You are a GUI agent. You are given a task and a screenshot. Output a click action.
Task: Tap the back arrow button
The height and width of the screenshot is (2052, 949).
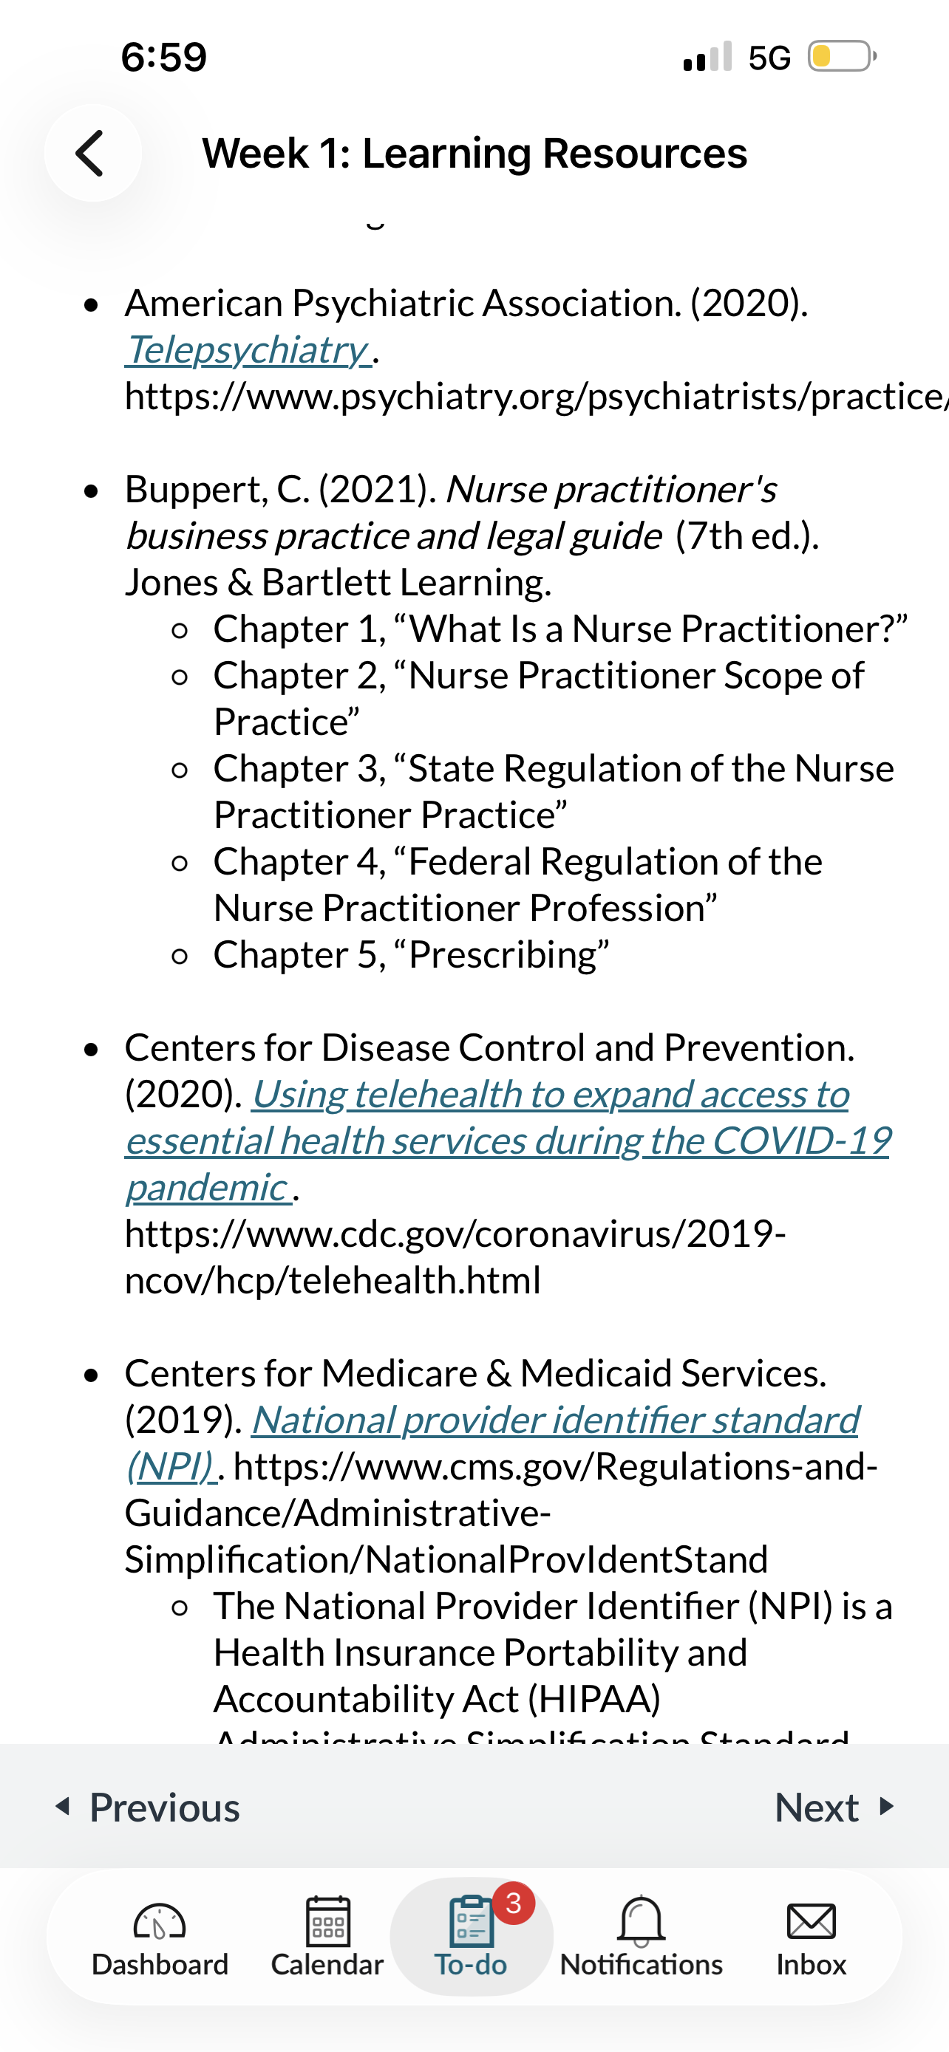pyautogui.click(x=92, y=153)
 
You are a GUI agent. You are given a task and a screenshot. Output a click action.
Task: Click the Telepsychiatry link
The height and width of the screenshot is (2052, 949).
pyautogui.click(x=246, y=349)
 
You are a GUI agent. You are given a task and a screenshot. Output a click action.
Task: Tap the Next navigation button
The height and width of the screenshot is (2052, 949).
pyautogui.click(x=833, y=1808)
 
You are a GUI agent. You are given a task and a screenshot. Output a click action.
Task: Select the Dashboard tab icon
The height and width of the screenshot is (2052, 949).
pyautogui.click(x=160, y=1922)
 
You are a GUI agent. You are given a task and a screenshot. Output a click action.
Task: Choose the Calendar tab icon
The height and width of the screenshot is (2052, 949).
pyautogui.click(x=327, y=1922)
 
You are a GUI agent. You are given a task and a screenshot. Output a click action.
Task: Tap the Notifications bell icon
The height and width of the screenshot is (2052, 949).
pyautogui.click(x=641, y=1922)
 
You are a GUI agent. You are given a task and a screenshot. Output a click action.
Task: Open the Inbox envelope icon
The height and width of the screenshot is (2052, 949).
pyautogui.click(x=810, y=1922)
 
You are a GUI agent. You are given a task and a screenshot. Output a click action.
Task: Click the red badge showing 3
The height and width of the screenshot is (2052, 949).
pyautogui.click(x=513, y=1903)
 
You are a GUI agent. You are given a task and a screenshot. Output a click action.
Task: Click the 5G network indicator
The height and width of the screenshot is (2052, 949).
pyautogui.click(x=769, y=58)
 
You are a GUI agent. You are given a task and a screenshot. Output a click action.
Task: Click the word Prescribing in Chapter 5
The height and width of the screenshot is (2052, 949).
pyautogui.click(x=503, y=954)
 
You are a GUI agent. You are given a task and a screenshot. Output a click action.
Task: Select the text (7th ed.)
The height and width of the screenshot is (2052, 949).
pyautogui.click(x=746, y=536)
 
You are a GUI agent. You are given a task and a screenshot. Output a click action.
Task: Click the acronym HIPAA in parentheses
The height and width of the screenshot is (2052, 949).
pyautogui.click(x=594, y=1699)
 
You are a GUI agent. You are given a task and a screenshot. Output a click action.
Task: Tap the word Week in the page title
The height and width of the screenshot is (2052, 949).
pyautogui.click(x=255, y=153)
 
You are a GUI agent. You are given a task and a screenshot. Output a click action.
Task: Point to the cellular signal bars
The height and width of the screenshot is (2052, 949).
pyautogui.click(x=707, y=57)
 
